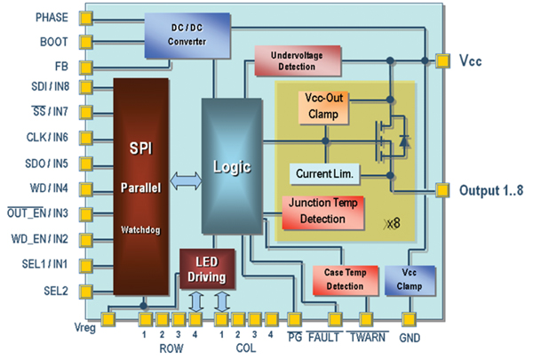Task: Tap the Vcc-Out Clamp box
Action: [x=322, y=107]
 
